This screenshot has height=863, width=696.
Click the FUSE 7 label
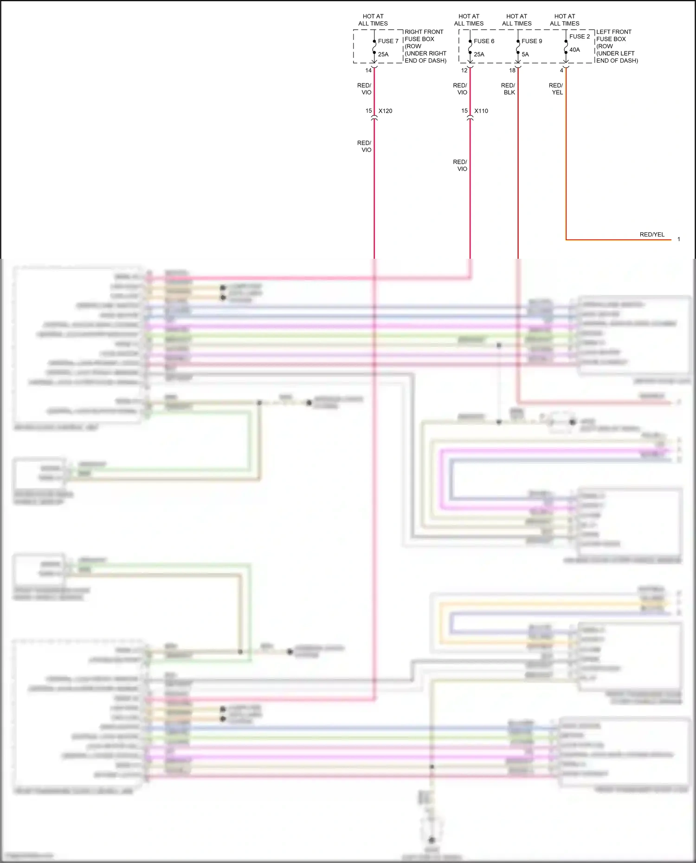click(x=388, y=41)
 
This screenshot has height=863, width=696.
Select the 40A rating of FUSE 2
click(x=574, y=50)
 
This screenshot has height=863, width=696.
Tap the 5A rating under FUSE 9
click(x=525, y=54)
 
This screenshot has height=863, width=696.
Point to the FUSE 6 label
click(x=484, y=41)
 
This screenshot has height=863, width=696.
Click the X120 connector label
click(x=385, y=111)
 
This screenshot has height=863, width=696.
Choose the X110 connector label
click(x=481, y=111)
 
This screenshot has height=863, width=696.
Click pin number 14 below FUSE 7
click(x=368, y=70)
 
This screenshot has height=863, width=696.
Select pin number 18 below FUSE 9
click(x=512, y=70)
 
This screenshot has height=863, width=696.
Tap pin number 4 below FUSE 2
click(x=561, y=70)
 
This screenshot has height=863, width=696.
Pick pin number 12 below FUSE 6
click(x=464, y=70)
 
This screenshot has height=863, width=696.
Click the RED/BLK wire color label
click(x=509, y=89)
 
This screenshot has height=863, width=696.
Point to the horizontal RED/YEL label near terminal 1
click(x=652, y=235)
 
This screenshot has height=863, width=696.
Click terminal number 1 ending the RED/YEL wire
click(x=678, y=239)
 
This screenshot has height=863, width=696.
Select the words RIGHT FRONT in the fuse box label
click(x=424, y=32)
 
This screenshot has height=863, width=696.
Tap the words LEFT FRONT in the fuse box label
click(x=613, y=32)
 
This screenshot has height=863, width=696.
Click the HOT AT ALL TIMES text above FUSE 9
click(x=517, y=20)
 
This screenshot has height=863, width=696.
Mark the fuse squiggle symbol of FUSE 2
click(x=566, y=46)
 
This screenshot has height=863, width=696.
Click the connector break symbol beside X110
click(x=470, y=119)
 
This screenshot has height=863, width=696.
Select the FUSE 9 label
click(x=532, y=41)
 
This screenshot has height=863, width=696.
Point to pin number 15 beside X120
click(x=368, y=111)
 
